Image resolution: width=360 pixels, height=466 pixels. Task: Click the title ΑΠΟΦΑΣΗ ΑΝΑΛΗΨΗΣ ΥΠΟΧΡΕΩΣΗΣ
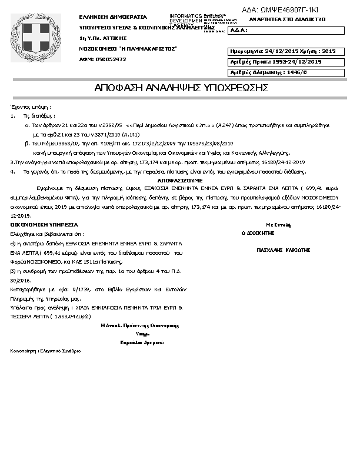tap(181, 88)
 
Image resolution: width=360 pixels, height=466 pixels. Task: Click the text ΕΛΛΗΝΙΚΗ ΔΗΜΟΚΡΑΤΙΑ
tap(113, 18)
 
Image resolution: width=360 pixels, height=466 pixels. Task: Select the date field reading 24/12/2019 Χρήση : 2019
tap(283, 51)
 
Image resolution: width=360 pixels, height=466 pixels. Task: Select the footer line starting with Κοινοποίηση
tap(45, 351)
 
